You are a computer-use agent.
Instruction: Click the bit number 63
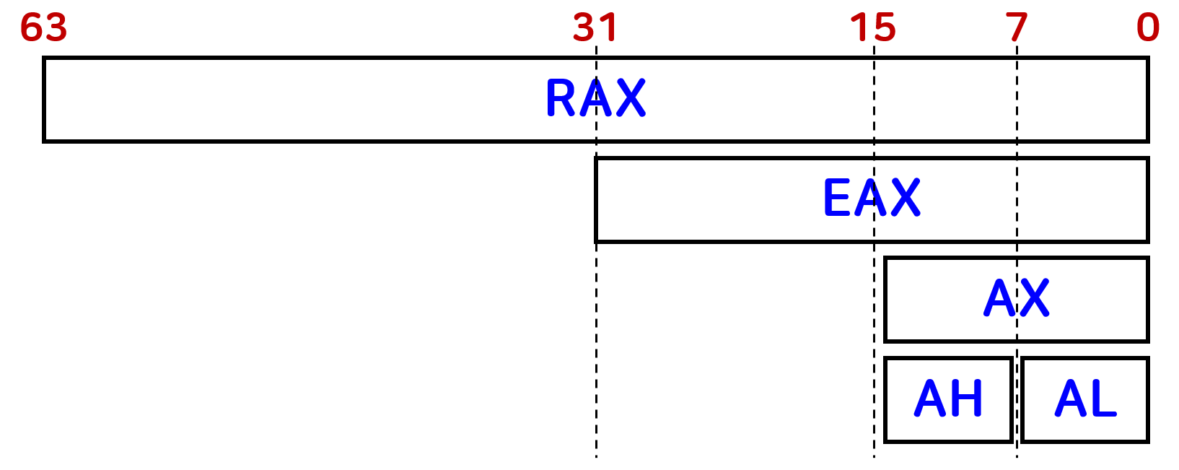point(44,27)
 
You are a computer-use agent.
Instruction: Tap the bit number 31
point(595,27)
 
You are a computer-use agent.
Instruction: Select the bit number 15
point(873,27)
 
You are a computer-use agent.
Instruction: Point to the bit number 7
point(1017,27)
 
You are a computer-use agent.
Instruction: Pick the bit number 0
point(1147,27)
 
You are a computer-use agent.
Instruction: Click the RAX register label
point(595,98)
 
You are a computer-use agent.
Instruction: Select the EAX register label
point(872,198)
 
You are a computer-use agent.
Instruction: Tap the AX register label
point(1017,297)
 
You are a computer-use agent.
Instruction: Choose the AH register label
point(948,399)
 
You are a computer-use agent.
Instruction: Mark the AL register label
point(1085,399)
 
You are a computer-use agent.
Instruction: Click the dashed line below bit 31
point(596,347)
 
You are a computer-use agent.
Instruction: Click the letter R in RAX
point(561,98)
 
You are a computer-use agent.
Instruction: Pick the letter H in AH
point(966,399)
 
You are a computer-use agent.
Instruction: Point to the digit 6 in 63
point(32,27)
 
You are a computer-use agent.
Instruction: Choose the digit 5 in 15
point(884,27)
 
